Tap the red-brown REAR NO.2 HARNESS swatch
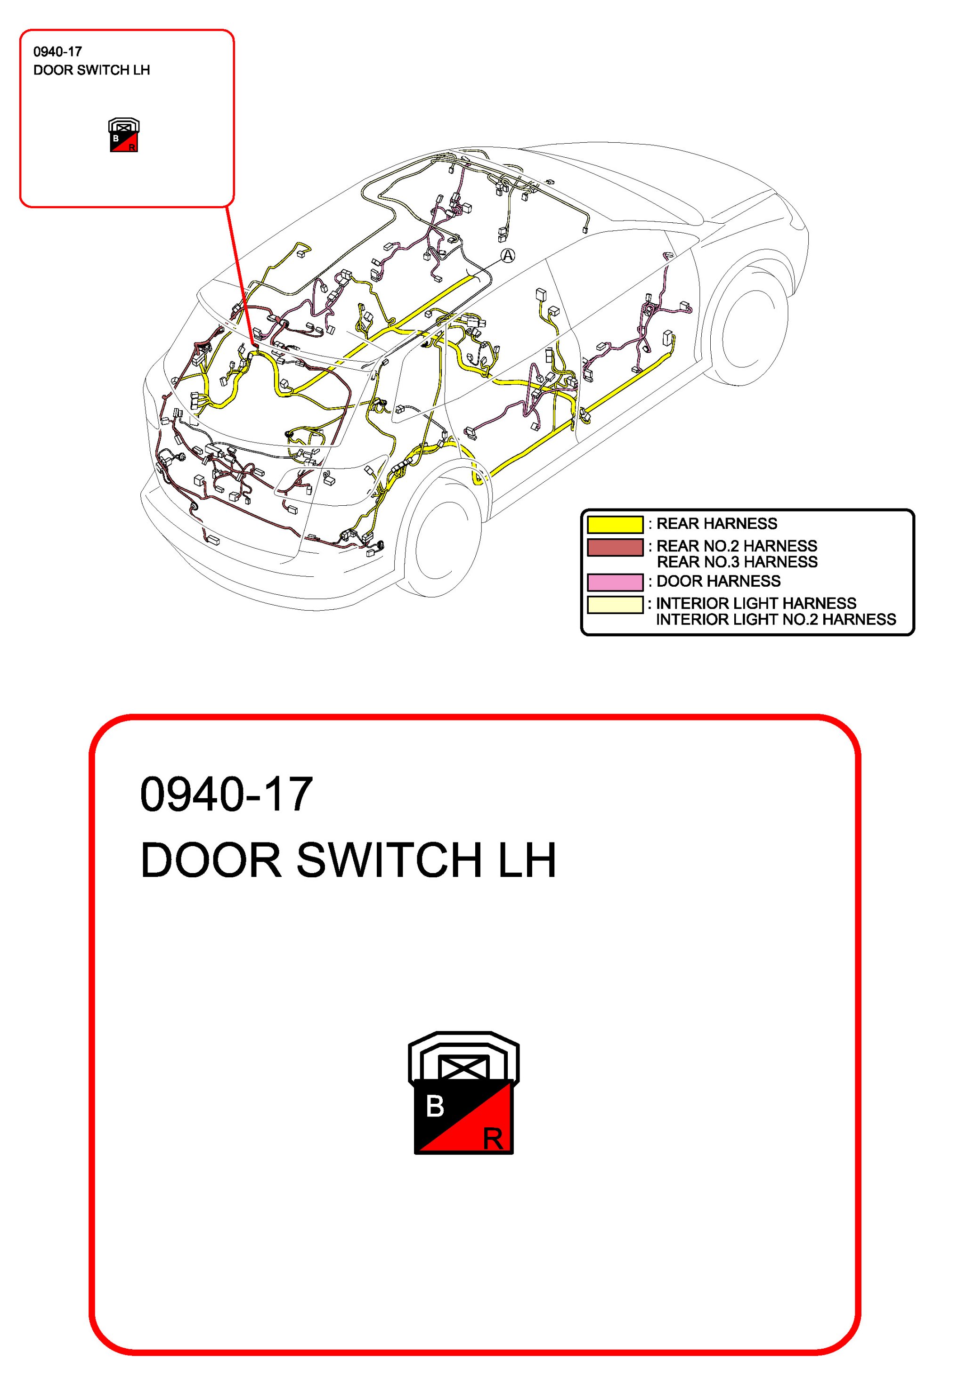point(615,547)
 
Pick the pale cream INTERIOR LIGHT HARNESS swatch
point(615,604)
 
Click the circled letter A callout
point(507,256)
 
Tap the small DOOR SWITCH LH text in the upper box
point(91,70)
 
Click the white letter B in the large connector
point(435,1106)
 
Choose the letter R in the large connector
point(492,1139)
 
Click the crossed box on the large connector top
point(463,1068)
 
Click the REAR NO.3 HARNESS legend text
point(737,562)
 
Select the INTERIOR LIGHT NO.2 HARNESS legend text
point(775,620)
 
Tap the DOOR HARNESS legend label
point(718,581)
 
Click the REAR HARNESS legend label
point(716,524)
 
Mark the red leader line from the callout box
point(240,275)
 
